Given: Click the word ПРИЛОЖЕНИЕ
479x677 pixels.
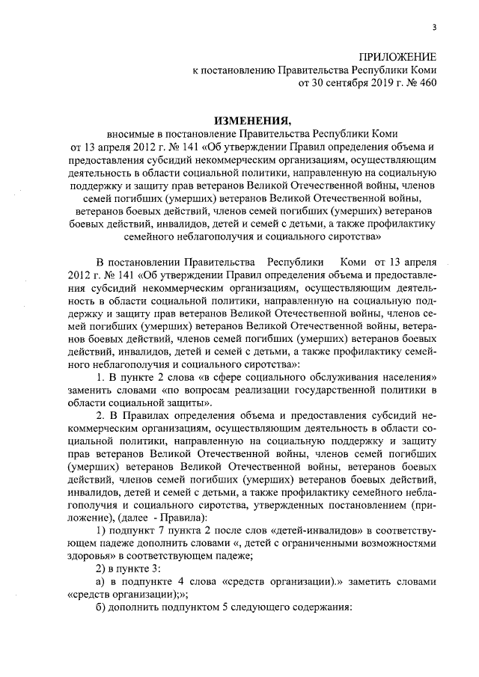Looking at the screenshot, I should click(x=397, y=58).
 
